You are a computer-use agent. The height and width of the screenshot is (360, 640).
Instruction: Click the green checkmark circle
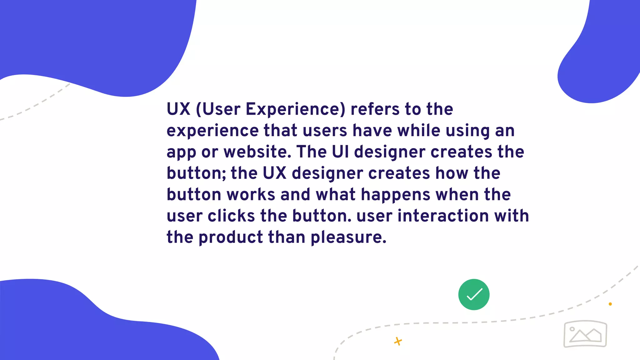(474, 294)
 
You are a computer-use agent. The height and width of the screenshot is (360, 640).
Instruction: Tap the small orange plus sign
(398, 341)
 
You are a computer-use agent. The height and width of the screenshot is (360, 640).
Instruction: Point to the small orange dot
(610, 304)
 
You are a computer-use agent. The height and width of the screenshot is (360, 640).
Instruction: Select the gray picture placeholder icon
(585, 334)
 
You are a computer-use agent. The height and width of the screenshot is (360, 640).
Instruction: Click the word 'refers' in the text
(375, 109)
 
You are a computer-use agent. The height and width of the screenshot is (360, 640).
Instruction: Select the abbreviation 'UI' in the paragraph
(340, 152)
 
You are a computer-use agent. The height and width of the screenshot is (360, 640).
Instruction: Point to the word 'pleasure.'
(348, 237)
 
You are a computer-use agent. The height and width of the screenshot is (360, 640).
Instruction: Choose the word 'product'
(231, 237)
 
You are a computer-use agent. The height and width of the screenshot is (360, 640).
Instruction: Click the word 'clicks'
(231, 216)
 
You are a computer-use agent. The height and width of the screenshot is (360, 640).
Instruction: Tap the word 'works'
(251, 195)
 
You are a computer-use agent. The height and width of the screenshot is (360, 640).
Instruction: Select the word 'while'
(419, 131)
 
